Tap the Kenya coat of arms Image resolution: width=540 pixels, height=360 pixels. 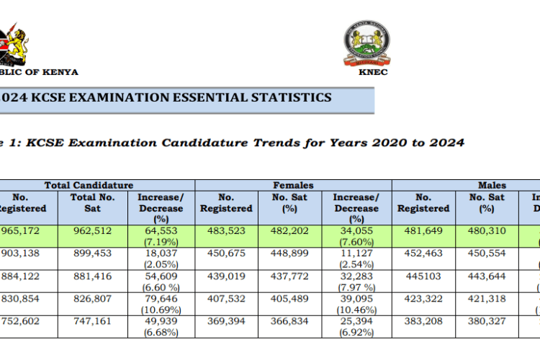(13, 43)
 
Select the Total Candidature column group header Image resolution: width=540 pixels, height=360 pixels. (89, 186)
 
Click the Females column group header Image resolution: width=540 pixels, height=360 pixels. (292, 186)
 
